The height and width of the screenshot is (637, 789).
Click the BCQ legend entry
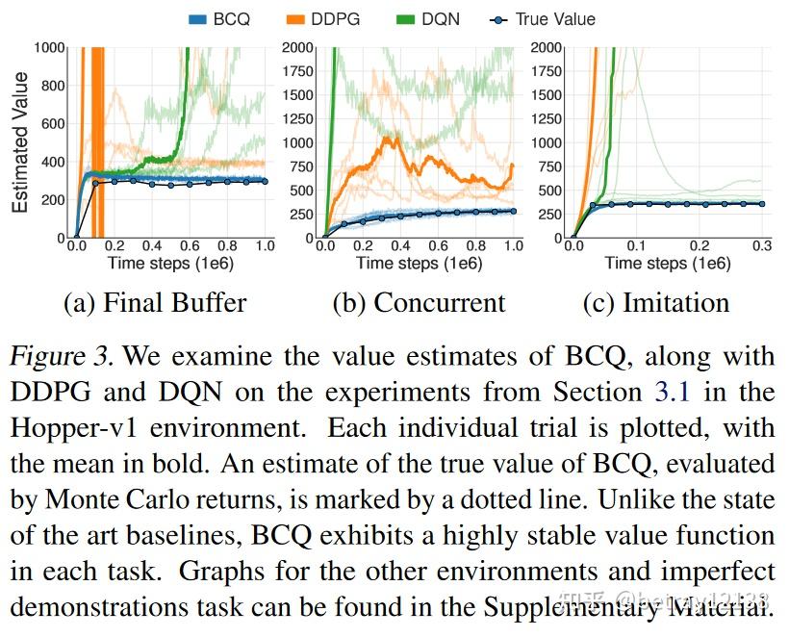click(220, 18)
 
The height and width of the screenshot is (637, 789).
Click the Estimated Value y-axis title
click(20, 141)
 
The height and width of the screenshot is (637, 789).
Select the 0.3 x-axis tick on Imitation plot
click(762, 247)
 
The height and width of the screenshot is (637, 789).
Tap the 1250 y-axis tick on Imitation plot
click(544, 118)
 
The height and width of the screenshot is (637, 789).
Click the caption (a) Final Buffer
click(155, 303)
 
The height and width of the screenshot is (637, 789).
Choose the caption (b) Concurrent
click(419, 303)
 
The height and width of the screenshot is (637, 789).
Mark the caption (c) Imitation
click(656, 303)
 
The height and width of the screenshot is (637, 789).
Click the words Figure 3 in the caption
click(64, 356)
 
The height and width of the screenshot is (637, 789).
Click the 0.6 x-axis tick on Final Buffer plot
click(190, 247)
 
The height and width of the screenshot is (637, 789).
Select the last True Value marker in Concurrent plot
click(513, 211)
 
